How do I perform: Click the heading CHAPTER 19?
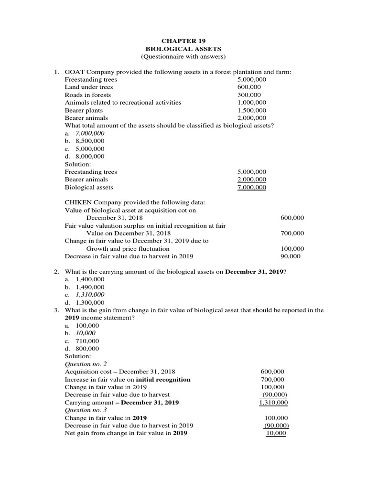click(x=183, y=41)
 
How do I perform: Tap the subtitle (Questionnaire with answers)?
click(x=183, y=57)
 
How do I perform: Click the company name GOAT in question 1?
click(x=76, y=72)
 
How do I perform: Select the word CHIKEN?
click(x=79, y=202)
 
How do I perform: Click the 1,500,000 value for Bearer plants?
click(x=252, y=110)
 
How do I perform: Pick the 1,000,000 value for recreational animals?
click(x=252, y=103)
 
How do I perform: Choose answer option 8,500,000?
click(x=90, y=141)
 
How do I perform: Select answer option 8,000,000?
click(x=90, y=156)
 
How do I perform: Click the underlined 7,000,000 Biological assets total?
click(x=252, y=187)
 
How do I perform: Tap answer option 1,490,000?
click(x=90, y=287)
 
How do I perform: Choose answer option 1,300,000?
click(x=90, y=302)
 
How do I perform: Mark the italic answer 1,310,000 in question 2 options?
click(x=90, y=295)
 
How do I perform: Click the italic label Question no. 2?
click(x=86, y=364)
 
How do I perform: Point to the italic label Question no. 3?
click(x=86, y=410)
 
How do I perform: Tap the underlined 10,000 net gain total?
click(x=276, y=433)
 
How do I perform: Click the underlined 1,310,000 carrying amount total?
click(x=273, y=403)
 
